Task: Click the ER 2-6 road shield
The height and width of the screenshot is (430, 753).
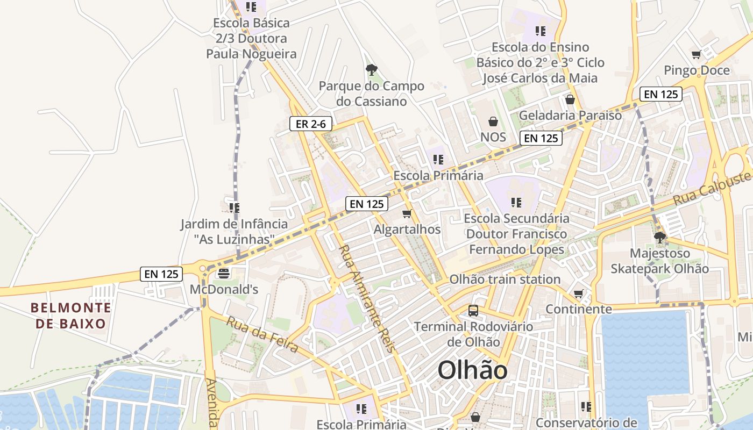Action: [x=311, y=124]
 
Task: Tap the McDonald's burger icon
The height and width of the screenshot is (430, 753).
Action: [x=223, y=274]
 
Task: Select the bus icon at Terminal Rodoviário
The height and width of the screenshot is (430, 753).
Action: [x=473, y=310]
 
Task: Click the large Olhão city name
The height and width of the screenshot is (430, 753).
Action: [x=472, y=370]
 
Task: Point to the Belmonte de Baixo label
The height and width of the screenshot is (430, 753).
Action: [x=71, y=316]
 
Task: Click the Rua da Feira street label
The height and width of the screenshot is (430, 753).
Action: [x=262, y=335]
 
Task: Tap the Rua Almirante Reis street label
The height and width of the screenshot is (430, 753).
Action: [x=368, y=298]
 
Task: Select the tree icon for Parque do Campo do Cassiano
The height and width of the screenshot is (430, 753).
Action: [x=371, y=69]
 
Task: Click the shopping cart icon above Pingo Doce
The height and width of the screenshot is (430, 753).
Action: [x=696, y=54]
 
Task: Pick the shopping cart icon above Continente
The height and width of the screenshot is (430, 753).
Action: [x=579, y=293]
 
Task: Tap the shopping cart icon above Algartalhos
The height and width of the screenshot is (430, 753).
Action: [x=407, y=213]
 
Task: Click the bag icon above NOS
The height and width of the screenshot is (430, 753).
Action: [x=493, y=121]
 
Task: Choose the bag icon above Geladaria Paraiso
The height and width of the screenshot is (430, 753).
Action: [x=570, y=99]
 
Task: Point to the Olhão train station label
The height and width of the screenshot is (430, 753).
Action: [x=505, y=279]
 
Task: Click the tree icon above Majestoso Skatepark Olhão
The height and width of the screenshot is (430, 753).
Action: [x=659, y=237]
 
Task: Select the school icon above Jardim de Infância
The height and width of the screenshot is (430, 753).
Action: [x=234, y=207]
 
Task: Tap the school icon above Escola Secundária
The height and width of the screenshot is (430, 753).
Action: [x=516, y=203]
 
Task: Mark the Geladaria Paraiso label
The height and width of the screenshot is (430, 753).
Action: [x=570, y=115]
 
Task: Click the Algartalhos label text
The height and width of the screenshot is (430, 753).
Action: [x=407, y=230]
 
